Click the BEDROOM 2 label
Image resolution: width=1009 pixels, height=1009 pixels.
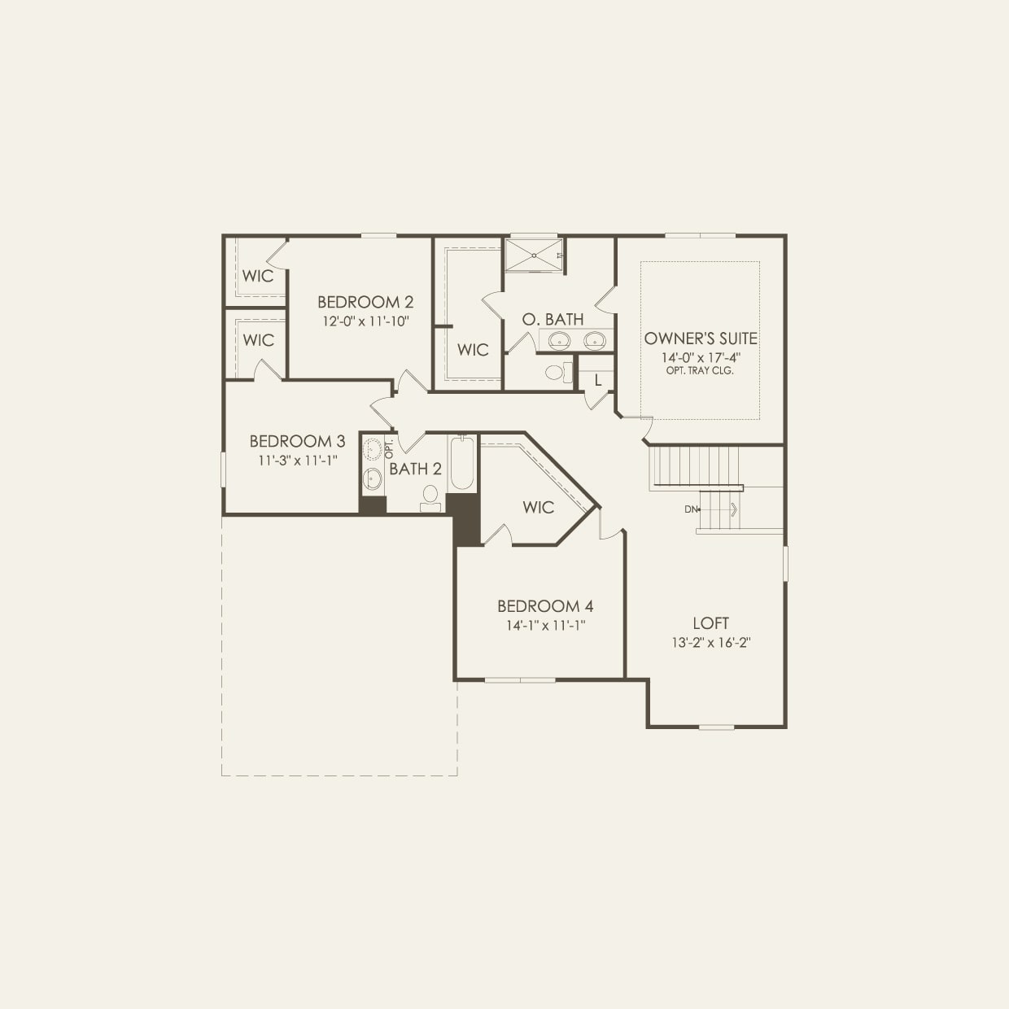pyautogui.click(x=365, y=302)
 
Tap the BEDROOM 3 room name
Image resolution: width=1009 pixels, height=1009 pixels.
pyautogui.click(x=297, y=441)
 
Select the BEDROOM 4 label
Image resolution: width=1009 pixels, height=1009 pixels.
pyautogui.click(x=545, y=606)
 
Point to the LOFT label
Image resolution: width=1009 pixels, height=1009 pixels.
pyautogui.click(x=710, y=623)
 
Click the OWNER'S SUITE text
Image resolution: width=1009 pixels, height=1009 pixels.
pyautogui.click(x=701, y=339)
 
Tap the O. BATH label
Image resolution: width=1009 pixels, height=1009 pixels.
pyautogui.click(x=553, y=320)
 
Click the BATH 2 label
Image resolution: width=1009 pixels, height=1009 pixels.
pyautogui.click(x=415, y=469)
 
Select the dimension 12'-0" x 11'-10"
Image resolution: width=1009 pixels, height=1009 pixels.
pyautogui.click(x=365, y=321)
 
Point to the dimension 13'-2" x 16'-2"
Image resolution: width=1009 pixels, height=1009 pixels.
pyautogui.click(x=710, y=643)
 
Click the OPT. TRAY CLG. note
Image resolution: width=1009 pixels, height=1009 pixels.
pyautogui.click(x=700, y=370)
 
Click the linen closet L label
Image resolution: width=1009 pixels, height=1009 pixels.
pyautogui.click(x=598, y=380)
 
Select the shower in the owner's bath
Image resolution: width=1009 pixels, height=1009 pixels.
pyautogui.click(x=534, y=255)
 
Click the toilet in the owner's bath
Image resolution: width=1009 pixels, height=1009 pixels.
pyautogui.click(x=557, y=373)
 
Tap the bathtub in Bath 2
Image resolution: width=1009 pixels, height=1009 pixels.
pyautogui.click(x=461, y=464)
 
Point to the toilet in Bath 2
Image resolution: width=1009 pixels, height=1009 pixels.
pyautogui.click(x=430, y=497)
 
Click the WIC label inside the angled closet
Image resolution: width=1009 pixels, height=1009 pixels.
pyautogui.click(x=538, y=508)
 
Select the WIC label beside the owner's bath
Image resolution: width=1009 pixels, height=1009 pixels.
pyautogui.click(x=473, y=350)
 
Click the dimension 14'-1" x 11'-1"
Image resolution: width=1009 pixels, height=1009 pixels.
pyautogui.click(x=545, y=626)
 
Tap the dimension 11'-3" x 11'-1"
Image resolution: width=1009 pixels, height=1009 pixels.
pyautogui.click(x=297, y=461)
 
